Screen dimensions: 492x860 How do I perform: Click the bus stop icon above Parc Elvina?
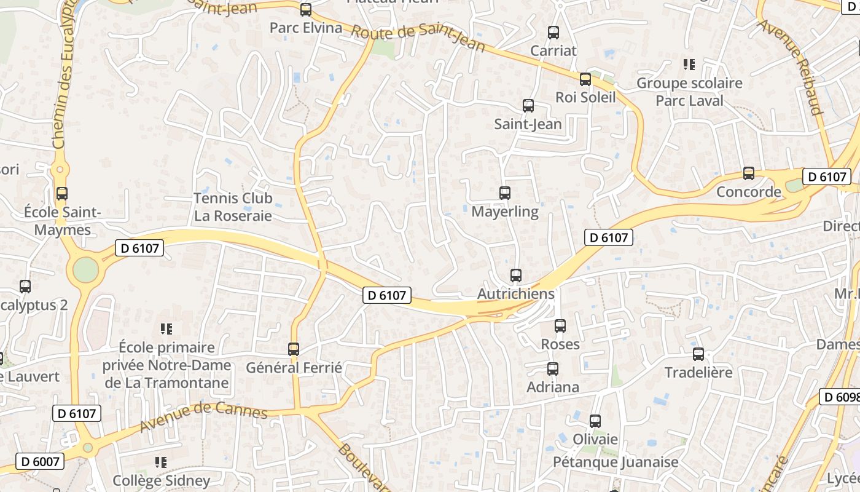point(305,10)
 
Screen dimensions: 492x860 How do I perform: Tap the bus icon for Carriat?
point(553,33)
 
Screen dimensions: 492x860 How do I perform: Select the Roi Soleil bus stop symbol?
point(585,79)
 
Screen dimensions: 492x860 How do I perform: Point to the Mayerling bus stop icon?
point(505,193)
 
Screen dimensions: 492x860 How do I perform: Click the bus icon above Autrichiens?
point(516,276)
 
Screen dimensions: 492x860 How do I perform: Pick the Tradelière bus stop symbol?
point(698,354)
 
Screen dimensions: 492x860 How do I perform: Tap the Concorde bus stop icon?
point(748,173)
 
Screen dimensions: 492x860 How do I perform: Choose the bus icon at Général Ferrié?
point(294,349)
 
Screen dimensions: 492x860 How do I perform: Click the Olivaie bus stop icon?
point(595,421)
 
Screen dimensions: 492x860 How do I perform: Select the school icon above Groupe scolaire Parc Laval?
point(689,65)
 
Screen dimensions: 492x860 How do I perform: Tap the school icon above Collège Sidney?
point(161,462)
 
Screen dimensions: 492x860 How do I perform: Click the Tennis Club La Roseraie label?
point(233,207)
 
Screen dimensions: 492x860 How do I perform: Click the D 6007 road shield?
point(39,461)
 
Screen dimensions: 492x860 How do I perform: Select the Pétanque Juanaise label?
point(616,462)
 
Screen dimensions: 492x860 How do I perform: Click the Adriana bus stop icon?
point(553,369)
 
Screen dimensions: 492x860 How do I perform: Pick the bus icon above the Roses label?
point(560,326)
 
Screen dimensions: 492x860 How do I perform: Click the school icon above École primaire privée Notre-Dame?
point(166,329)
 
